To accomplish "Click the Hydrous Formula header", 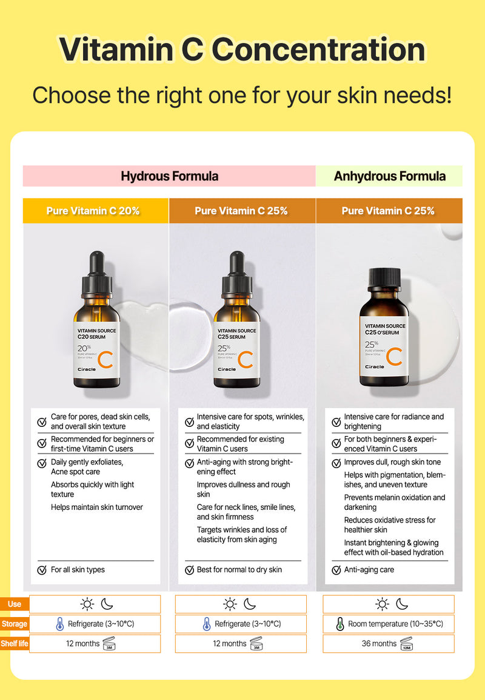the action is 169,176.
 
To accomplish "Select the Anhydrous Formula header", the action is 389,176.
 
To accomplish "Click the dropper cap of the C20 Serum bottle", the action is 96,272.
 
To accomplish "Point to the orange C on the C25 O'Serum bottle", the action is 394,357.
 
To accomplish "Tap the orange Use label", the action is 15,604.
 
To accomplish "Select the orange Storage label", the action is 15,624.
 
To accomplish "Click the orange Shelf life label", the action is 15,643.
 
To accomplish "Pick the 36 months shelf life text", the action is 379,643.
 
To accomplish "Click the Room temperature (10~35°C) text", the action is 396,624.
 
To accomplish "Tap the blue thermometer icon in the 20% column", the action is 59,624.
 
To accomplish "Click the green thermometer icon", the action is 339,624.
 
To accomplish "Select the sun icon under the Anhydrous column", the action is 382,604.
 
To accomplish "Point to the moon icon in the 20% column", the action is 107,604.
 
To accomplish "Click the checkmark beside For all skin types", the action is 42,570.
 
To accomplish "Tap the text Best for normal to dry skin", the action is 239,570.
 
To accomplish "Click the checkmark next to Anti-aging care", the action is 336,570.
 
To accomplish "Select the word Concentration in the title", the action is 318,49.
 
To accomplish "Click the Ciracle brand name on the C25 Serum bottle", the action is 227,369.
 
